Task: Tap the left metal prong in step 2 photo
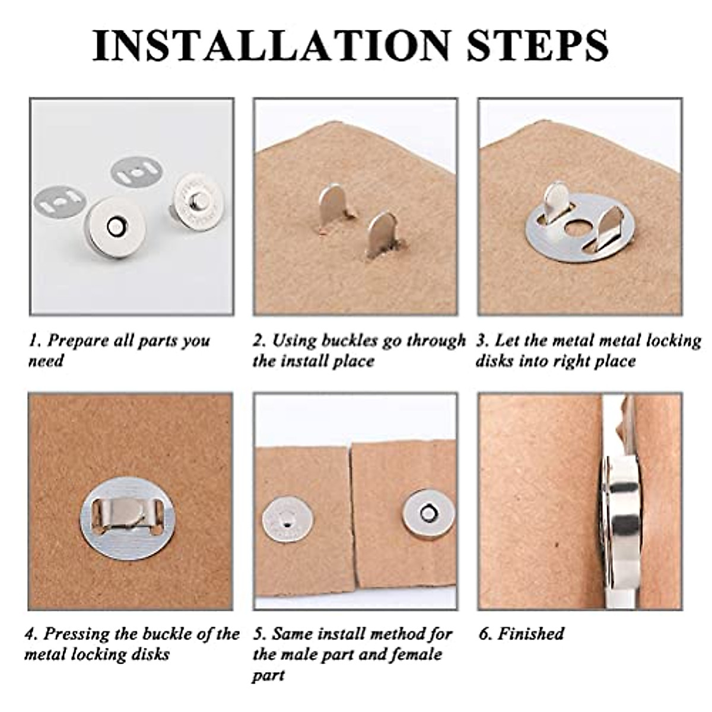[332, 205]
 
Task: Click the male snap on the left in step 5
[288, 521]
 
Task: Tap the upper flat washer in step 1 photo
[136, 172]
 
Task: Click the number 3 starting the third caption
[482, 341]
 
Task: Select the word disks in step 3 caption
[495, 361]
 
